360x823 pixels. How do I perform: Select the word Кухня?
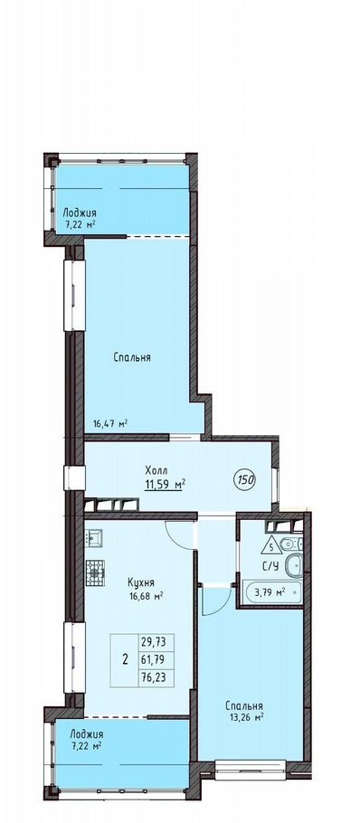[140, 582]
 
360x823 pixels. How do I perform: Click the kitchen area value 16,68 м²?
[143, 595]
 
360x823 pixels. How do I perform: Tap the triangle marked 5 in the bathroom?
[270, 546]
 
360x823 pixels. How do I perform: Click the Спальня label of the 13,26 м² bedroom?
[244, 706]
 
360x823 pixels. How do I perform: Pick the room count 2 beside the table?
[125, 660]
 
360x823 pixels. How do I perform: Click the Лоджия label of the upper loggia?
[80, 213]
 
